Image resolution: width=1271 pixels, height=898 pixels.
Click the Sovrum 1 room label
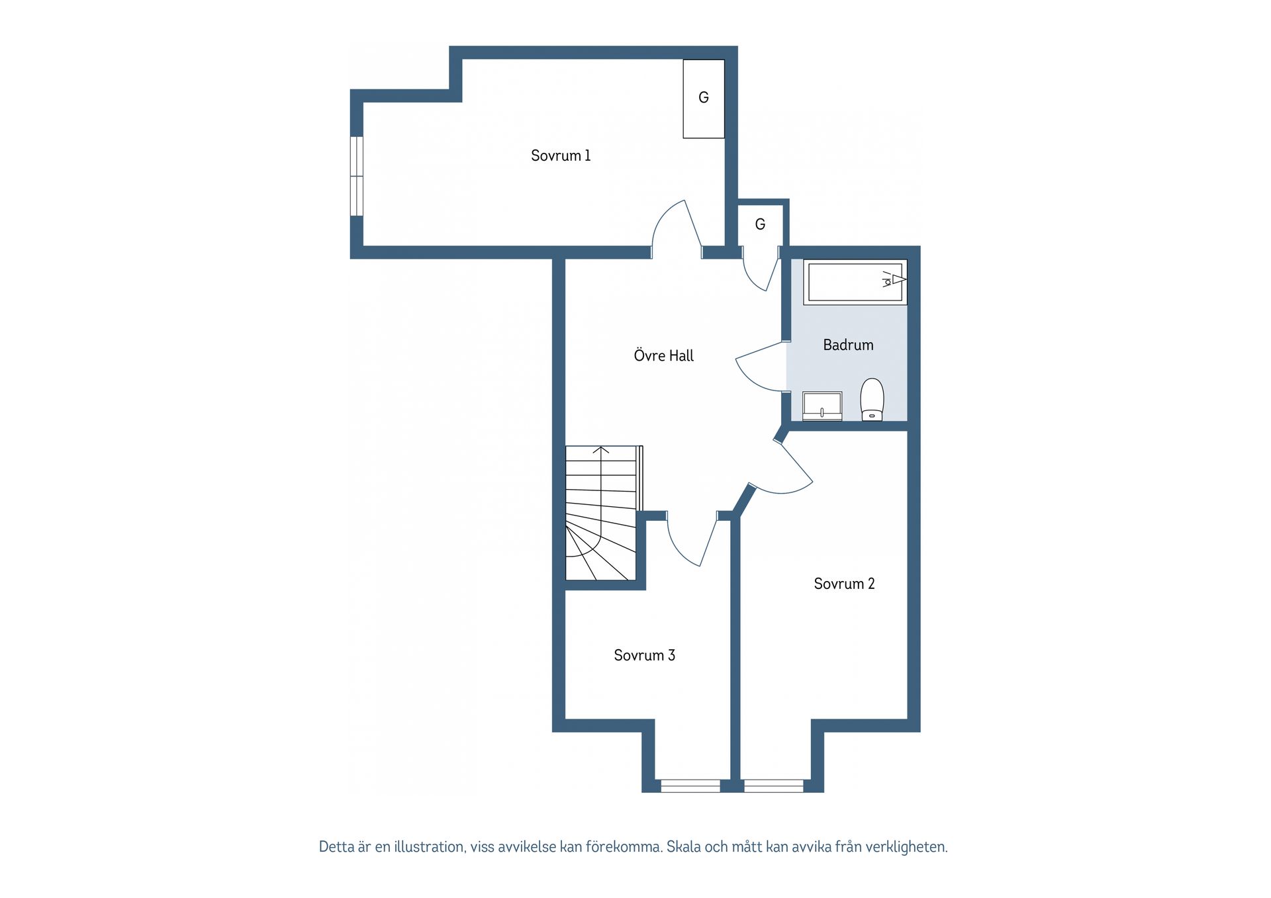560,156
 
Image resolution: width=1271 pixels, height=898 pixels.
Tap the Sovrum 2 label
844,584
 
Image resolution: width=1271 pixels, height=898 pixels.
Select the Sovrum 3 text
644,655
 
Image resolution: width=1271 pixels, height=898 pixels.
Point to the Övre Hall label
663,355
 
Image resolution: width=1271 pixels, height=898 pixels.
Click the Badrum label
848,345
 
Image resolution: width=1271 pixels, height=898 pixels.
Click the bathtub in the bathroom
855,282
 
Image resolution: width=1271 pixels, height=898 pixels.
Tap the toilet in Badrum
872,399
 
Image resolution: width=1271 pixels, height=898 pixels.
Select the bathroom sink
822,406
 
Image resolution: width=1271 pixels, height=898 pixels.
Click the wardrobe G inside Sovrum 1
704,99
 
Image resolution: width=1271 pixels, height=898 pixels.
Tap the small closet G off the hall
760,224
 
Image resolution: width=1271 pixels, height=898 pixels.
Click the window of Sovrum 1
356,176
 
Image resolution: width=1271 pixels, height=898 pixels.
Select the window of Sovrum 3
690,786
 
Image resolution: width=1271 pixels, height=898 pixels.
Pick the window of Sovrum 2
774,786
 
